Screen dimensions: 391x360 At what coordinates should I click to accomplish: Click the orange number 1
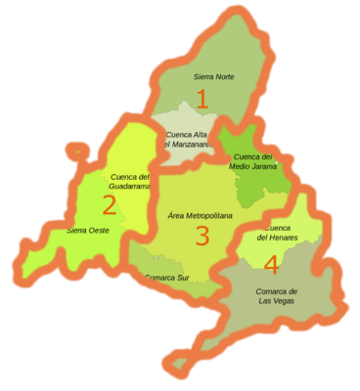202,99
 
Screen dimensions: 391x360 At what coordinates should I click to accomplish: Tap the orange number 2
110,204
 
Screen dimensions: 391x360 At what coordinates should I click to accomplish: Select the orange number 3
202,236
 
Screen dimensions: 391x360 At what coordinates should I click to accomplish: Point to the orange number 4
271,264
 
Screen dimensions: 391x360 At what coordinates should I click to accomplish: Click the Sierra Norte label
213,75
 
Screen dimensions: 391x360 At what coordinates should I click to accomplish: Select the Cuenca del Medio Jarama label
252,161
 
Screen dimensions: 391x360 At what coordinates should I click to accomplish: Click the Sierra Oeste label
88,231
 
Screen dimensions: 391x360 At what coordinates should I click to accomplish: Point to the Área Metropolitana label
200,215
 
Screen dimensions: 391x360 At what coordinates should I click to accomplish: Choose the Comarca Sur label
166,278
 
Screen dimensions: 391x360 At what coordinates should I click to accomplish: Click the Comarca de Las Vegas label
277,296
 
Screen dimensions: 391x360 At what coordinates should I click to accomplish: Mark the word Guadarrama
130,186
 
